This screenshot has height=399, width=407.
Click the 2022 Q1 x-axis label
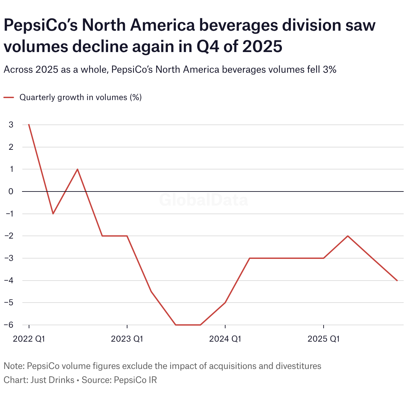click(x=29, y=339)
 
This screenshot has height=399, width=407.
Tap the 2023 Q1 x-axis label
click(x=127, y=339)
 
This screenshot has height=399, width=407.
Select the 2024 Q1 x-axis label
click(x=225, y=339)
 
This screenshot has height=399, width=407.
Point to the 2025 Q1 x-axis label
click(x=323, y=339)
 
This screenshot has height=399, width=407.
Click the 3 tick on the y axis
click(x=11, y=125)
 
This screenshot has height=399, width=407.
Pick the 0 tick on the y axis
click(x=11, y=191)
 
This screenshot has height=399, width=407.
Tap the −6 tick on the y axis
click(x=9, y=325)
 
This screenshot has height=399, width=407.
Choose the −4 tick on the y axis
click(x=9, y=280)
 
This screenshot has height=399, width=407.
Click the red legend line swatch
click(x=9, y=97)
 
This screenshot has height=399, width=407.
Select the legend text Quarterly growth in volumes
click(x=80, y=97)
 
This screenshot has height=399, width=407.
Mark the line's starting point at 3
click(x=29, y=125)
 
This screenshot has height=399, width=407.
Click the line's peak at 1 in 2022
click(x=78, y=169)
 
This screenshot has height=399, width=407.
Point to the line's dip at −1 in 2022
click(x=53, y=214)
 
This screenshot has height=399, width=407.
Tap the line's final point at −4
click(x=397, y=280)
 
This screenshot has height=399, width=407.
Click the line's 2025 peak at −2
click(x=348, y=236)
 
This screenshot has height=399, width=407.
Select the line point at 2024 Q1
click(x=225, y=303)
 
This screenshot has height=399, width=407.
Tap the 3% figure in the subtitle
click(x=329, y=70)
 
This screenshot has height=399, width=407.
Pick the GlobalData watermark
click(x=203, y=200)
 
